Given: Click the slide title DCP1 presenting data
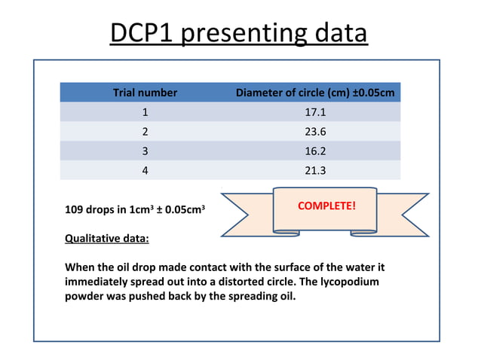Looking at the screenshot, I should [239, 34].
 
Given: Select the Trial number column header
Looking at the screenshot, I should [145, 93].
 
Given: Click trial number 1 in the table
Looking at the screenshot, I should [145, 112].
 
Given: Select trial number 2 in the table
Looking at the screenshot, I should [145, 132].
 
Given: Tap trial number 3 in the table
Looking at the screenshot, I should [145, 151].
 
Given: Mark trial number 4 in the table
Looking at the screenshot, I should [145, 170].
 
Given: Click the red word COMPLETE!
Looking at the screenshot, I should [326, 206].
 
